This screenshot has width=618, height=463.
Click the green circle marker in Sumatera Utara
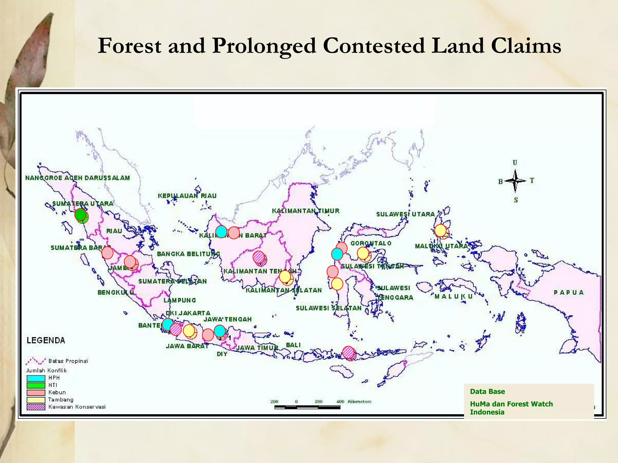80,215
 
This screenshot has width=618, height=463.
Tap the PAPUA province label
569,292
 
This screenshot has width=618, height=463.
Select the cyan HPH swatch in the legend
36,378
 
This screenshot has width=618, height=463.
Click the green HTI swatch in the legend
36,385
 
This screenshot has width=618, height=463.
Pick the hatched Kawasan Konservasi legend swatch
36,407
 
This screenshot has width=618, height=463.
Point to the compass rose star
515,181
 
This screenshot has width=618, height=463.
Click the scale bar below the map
307,407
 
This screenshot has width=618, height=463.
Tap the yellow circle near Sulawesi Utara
440,231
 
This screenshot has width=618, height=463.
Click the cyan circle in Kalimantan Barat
221,232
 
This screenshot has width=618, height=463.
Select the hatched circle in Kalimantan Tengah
259,257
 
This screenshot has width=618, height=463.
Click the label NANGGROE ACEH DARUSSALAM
78,178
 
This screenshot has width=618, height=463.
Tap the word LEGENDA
46,341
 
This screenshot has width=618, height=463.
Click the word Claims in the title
526,46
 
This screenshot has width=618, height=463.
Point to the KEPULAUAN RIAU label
187,196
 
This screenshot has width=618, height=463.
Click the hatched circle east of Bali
348,352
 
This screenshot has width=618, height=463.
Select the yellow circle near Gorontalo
363,253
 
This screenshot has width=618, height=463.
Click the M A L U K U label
454,297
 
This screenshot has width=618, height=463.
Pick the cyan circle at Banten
168,324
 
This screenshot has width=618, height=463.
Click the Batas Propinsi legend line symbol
36,361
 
